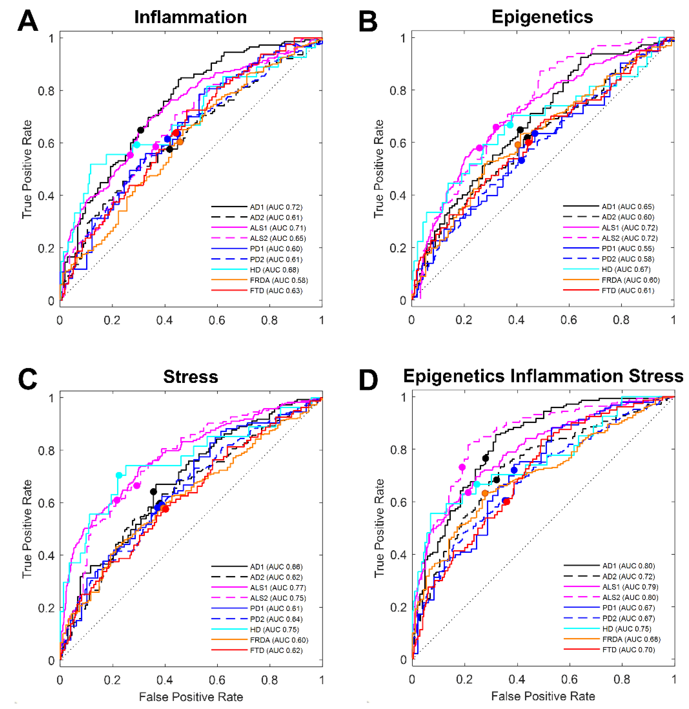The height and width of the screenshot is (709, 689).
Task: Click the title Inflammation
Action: pos(190,17)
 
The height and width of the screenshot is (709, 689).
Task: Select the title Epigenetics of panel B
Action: pos(542,17)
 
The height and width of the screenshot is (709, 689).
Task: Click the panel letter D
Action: pos(368,380)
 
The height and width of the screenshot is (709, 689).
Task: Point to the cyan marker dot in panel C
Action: pos(119,475)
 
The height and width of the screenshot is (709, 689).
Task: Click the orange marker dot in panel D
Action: pos(485,493)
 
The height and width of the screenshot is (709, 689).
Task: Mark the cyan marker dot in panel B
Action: pos(510,125)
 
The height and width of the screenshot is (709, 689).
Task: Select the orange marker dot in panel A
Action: pos(180,142)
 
